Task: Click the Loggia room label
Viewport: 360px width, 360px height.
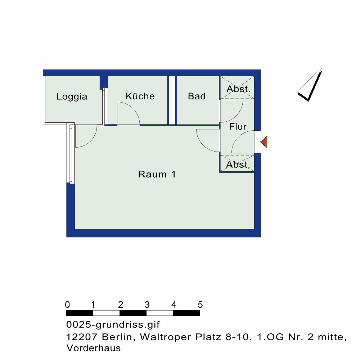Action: pos(72,96)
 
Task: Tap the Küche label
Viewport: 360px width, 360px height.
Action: pos(140,96)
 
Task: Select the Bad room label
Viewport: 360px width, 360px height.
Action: pos(197,96)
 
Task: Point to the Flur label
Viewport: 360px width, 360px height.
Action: pos(238,126)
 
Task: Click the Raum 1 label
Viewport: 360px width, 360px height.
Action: pos(157,174)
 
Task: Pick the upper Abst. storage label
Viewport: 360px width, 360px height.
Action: pos(238,89)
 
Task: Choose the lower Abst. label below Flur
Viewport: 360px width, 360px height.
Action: pos(238,165)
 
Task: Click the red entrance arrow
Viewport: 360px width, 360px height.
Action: pos(264,141)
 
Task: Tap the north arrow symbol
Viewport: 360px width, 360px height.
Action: pos(310,85)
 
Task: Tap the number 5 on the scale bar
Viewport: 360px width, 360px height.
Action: pos(200,305)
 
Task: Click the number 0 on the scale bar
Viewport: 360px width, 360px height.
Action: pos(67,305)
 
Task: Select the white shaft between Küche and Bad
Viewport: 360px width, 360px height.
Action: pos(172,100)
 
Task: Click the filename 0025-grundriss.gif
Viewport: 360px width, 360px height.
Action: pos(113,325)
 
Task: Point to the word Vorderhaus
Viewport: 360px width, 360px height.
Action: pos(94,348)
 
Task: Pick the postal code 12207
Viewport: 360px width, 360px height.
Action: pos(82,337)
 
